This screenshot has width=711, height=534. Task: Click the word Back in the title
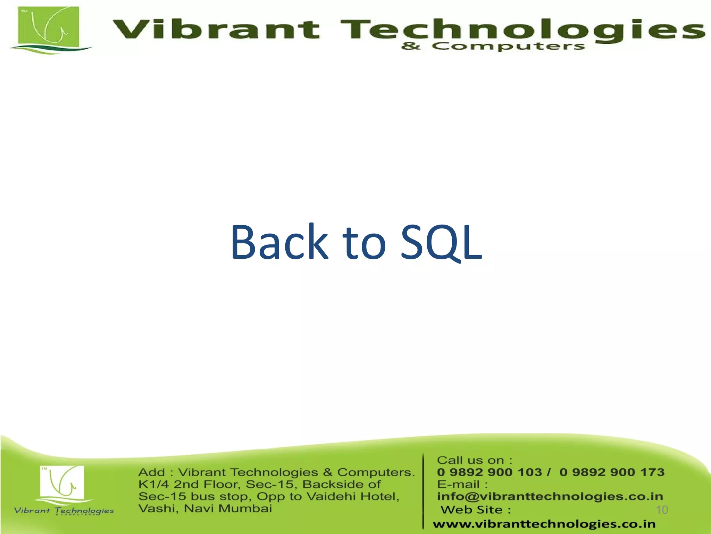(279, 242)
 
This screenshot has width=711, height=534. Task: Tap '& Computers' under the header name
(493, 46)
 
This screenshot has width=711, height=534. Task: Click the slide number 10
(662, 510)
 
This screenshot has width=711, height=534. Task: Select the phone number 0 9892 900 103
(490, 472)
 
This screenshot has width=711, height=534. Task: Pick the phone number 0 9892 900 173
(612, 472)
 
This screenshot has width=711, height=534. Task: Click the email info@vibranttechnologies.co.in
(550, 496)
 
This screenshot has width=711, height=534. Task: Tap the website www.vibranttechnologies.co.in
(544, 524)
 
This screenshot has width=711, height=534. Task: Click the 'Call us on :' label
(474, 460)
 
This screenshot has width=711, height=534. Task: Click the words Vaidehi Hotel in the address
(352, 496)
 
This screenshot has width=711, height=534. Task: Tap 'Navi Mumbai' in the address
(228, 509)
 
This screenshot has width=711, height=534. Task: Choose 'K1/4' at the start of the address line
(153, 484)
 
